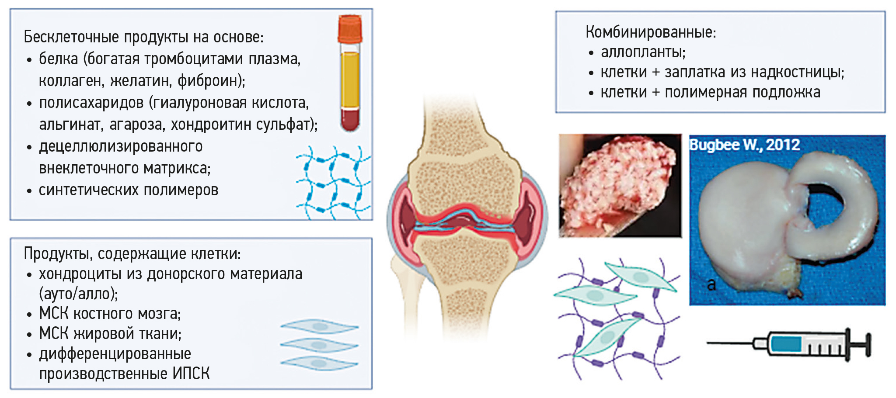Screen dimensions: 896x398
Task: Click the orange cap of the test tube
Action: point(350,29)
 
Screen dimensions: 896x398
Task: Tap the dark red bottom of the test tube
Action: point(350,120)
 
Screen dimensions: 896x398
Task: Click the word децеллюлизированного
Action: point(121,146)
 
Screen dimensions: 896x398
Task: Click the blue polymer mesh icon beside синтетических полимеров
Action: point(333,183)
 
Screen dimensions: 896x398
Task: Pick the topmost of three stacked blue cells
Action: point(319,326)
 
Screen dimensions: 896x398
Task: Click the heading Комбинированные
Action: point(651,32)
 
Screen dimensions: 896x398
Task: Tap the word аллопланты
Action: point(643,52)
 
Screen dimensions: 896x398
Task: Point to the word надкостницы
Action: point(797,72)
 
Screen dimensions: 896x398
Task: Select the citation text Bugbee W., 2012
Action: point(745,145)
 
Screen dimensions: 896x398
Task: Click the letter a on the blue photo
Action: point(711,284)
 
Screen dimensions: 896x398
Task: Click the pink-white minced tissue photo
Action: point(620,186)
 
